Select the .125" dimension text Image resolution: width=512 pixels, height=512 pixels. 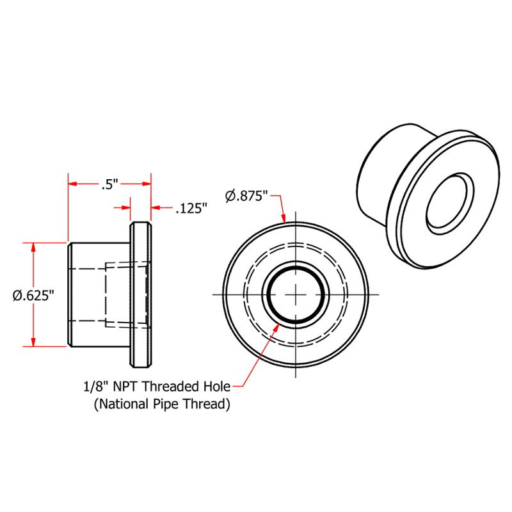191,208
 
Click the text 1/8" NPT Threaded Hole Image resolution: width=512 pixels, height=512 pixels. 156,386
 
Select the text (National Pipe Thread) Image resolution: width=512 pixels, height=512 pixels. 162,404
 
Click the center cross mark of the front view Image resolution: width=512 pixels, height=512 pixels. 296,294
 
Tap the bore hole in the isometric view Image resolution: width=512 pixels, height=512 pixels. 451,202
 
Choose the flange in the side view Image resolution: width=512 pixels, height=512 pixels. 141,294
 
